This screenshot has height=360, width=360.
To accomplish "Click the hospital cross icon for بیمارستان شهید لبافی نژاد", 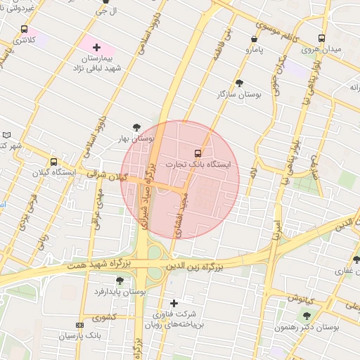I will (96, 46).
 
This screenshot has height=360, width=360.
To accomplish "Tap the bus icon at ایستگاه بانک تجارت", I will (198, 153).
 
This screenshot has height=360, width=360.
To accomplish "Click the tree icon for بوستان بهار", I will (136, 127).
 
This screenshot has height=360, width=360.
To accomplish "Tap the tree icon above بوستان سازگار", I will (239, 83).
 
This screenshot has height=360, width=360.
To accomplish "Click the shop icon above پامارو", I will (253, 39).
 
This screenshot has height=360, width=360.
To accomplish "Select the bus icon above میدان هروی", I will (321, 39).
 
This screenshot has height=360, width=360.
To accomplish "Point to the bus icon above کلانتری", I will (25, 30).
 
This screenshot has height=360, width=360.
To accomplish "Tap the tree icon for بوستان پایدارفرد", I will (120, 281).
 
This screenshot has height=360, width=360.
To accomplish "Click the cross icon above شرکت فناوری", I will (174, 303).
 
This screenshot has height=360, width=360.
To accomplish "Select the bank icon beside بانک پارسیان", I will (79, 325).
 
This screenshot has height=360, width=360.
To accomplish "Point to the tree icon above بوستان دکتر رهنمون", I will (306, 316).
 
